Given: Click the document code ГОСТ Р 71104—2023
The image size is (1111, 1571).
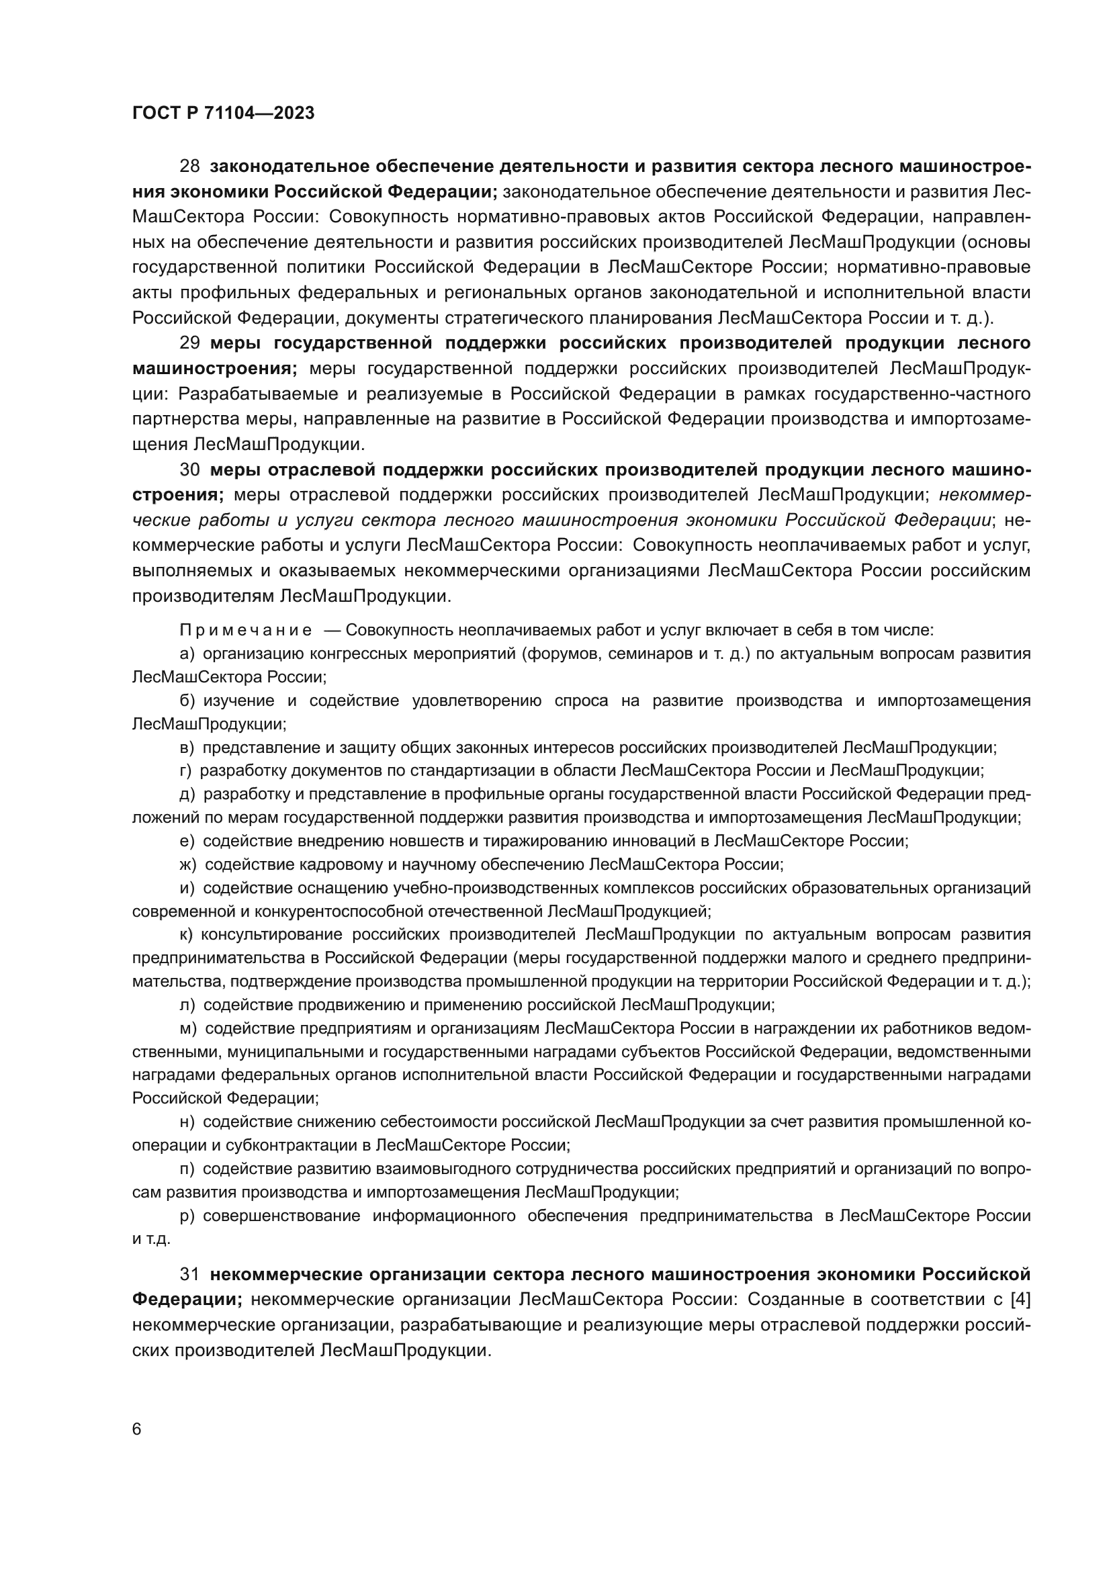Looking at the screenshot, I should [223, 114].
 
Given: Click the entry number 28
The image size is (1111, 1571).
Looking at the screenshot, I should [189, 167].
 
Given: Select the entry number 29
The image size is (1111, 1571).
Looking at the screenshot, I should [189, 343].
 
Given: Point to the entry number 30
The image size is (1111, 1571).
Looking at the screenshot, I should [189, 470].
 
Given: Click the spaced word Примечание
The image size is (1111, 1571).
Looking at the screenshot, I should [246, 630].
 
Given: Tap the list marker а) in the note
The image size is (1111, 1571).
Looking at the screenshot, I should [187, 654].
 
